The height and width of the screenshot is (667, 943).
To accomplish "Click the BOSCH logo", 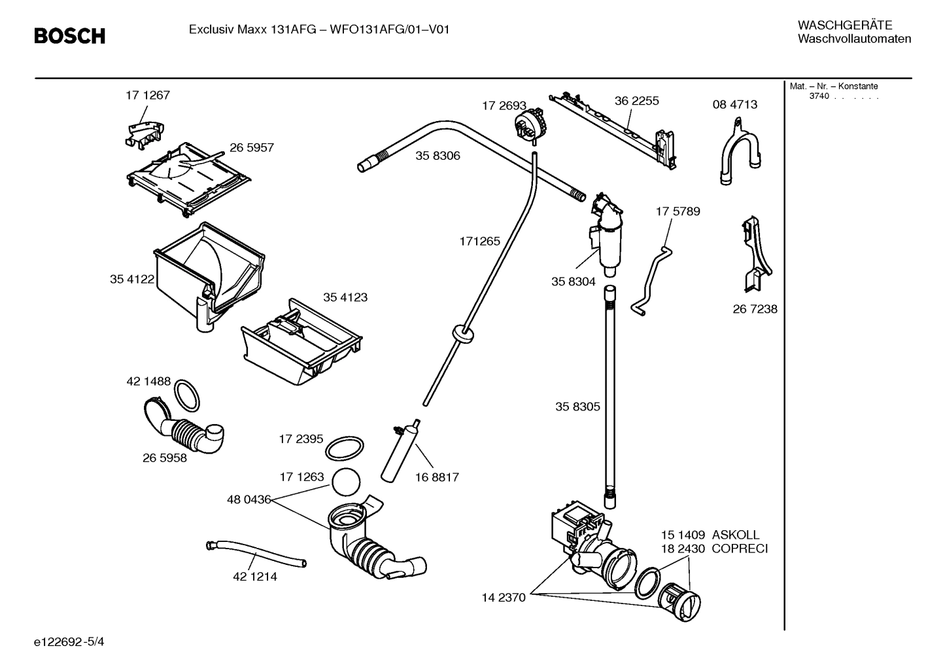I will click(69, 36).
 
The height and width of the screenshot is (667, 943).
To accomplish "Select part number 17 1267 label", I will click(148, 96).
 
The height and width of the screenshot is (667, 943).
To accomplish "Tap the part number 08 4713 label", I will click(734, 105).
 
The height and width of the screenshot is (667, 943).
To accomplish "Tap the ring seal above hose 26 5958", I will click(188, 395).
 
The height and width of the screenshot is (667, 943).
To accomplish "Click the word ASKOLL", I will click(736, 535).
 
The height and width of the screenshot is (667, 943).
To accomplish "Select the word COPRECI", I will click(740, 549).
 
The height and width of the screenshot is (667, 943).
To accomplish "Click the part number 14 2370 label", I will click(504, 598).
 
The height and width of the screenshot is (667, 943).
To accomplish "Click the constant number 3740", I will click(819, 96).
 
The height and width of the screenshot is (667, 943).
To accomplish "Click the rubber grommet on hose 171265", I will click(463, 333).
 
